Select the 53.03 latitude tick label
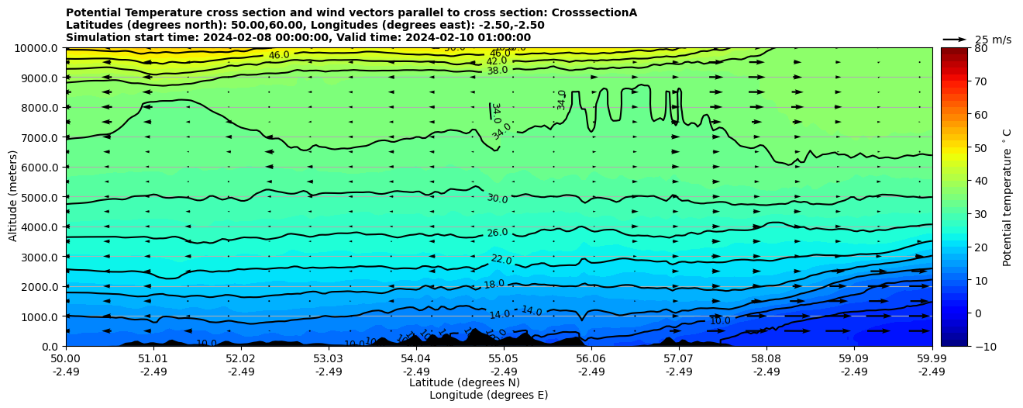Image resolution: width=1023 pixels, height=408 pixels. coord(328,359)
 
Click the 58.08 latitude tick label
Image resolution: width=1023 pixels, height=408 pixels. coord(766,359)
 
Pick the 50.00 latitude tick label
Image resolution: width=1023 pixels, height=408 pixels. coord(66,359)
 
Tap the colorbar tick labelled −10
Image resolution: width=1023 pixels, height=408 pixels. coord(981,346)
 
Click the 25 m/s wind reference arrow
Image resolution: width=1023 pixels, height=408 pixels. coord(955,39)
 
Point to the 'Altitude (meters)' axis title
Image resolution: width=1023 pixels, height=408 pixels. coord(13,197)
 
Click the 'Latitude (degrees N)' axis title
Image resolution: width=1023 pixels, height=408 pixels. coord(464,382)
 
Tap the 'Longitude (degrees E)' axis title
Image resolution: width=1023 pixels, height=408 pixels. coord(488,395)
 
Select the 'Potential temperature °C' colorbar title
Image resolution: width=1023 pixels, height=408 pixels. coord(1007,197)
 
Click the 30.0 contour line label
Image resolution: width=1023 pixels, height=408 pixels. coord(497,199)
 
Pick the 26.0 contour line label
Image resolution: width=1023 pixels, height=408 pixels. coord(497,233)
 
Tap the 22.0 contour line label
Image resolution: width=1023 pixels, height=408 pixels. coord(501,260)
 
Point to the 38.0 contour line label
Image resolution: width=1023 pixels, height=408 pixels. coord(497,71)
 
